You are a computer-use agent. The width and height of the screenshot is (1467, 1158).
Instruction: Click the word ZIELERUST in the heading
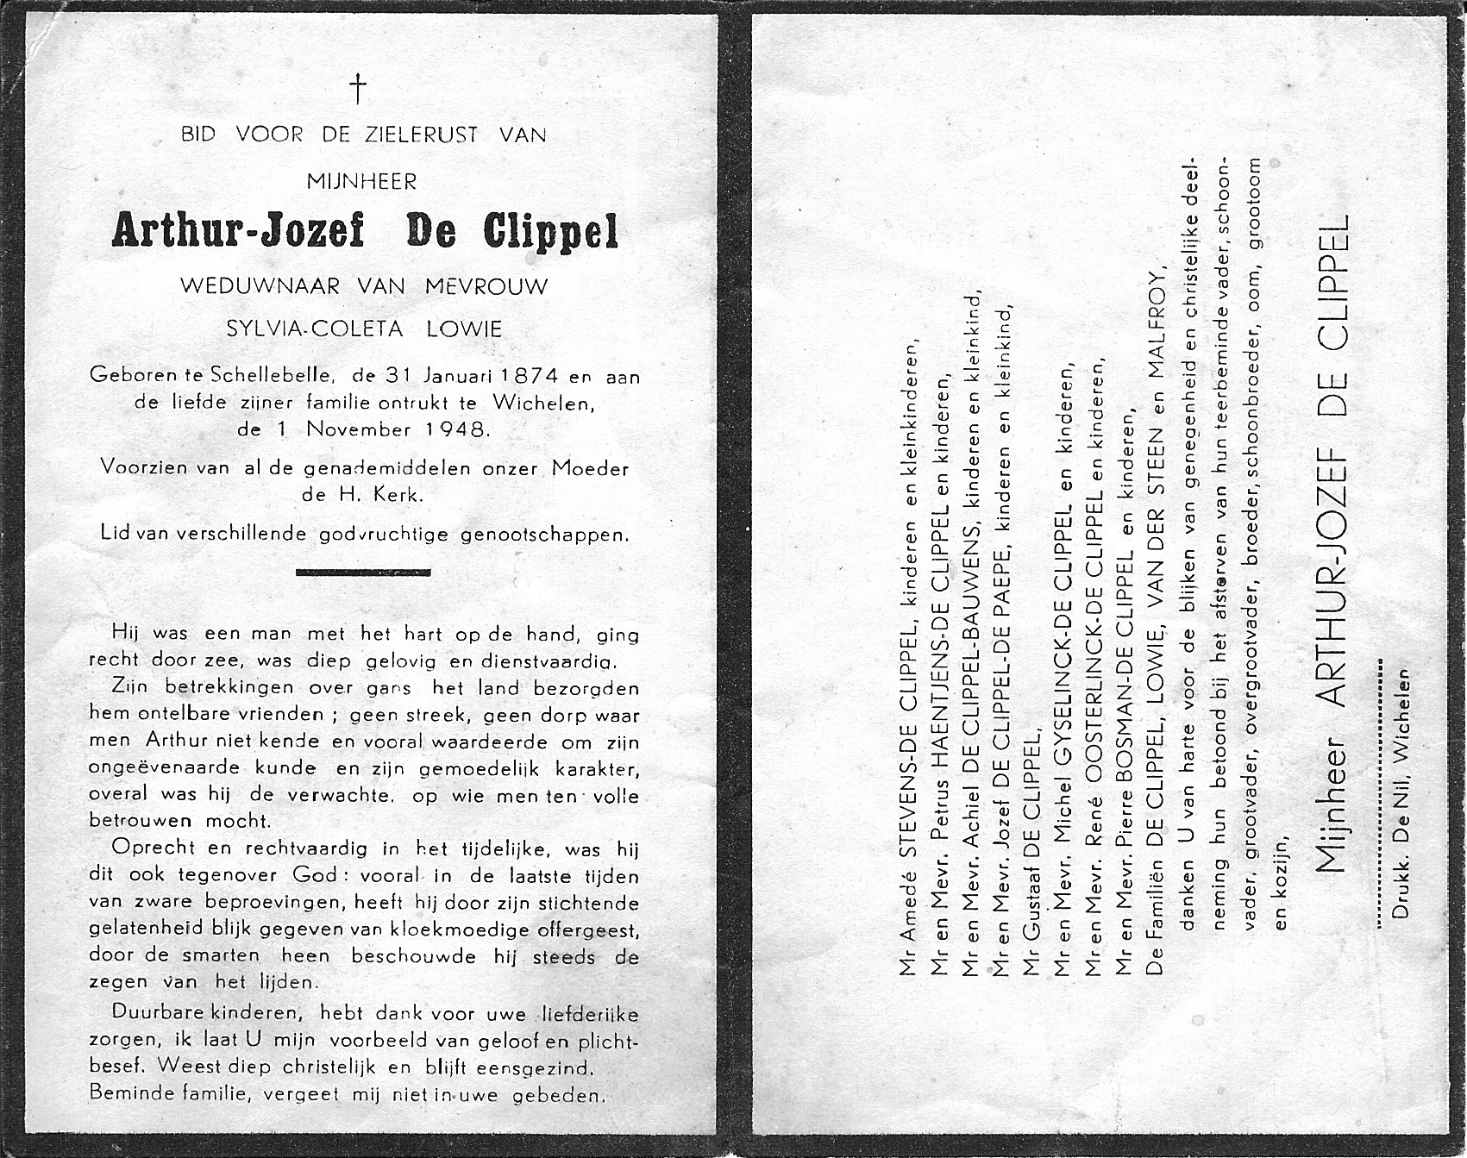tap(420, 135)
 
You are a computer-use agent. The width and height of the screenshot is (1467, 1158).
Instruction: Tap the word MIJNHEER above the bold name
tap(362, 182)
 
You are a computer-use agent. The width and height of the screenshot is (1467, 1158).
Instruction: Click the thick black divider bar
tap(363, 572)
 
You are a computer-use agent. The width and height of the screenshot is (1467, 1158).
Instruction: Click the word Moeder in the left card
tap(590, 469)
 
